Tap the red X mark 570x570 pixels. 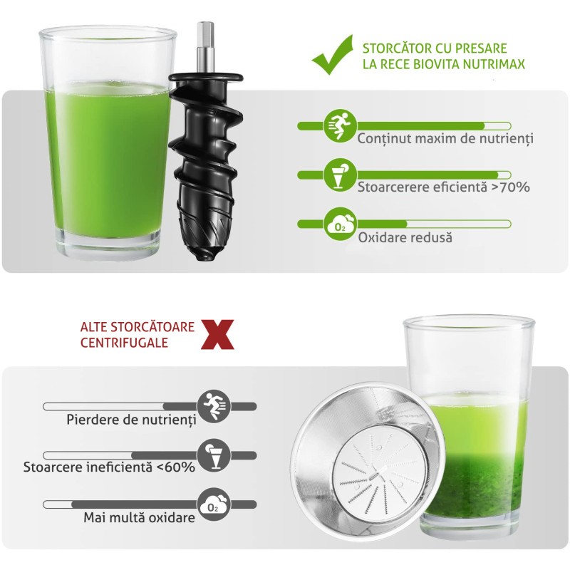click(x=217, y=334)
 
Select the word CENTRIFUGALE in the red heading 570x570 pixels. click(x=124, y=343)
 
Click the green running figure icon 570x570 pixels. click(x=341, y=126)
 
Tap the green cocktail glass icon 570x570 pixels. click(x=341, y=175)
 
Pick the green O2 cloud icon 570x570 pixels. click(x=341, y=224)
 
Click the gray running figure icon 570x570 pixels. click(x=214, y=406)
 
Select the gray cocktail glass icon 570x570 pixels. click(x=214, y=455)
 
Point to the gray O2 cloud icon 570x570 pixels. click(x=214, y=504)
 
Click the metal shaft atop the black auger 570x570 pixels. click(x=205, y=47)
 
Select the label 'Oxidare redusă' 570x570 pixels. click(x=405, y=238)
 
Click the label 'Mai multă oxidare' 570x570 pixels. click(x=139, y=517)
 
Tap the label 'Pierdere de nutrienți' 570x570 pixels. click(x=131, y=420)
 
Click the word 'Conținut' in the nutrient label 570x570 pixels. click(x=384, y=139)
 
